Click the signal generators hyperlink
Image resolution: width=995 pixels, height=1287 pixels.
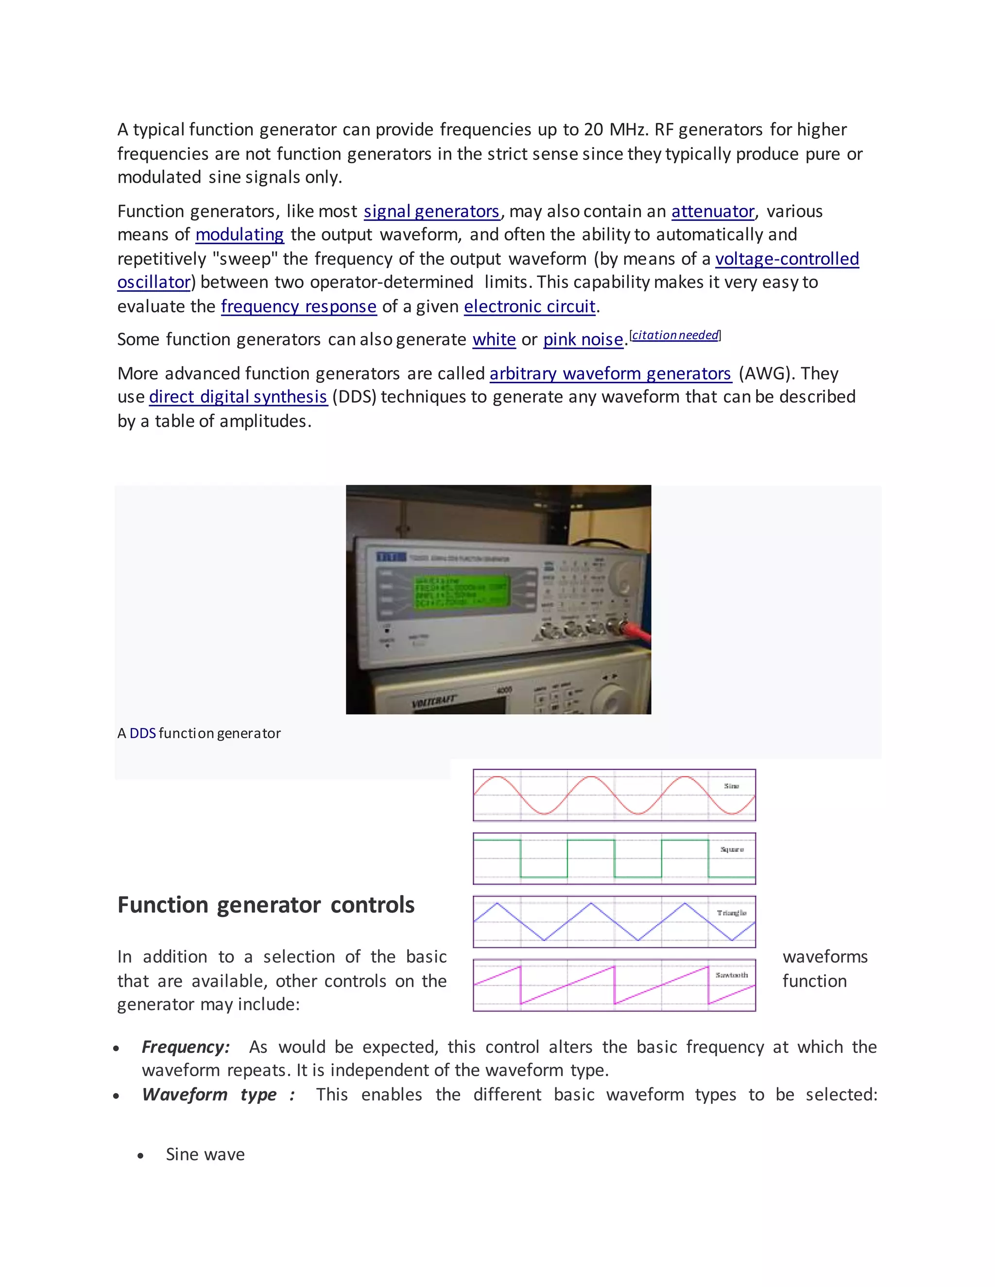click(x=431, y=212)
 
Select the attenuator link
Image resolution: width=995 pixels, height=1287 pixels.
click(x=713, y=212)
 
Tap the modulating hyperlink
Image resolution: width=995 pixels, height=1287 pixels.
click(x=240, y=235)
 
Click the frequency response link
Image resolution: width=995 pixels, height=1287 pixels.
click(x=298, y=307)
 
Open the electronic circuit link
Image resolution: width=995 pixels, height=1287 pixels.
click(x=530, y=307)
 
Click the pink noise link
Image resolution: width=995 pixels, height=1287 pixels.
click(x=583, y=340)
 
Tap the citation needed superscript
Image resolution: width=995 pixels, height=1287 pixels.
click(x=675, y=335)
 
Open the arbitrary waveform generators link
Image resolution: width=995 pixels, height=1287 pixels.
click(x=610, y=374)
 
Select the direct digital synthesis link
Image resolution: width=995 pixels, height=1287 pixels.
click(x=238, y=397)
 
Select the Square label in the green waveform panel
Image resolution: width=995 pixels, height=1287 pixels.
click(x=732, y=849)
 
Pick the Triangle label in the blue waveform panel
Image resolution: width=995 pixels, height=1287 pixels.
click(x=732, y=913)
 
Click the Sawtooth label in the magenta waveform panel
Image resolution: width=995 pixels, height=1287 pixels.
click(x=732, y=975)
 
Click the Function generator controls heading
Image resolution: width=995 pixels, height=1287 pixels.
click(x=266, y=905)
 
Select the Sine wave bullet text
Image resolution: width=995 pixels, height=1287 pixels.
click(x=205, y=1154)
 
